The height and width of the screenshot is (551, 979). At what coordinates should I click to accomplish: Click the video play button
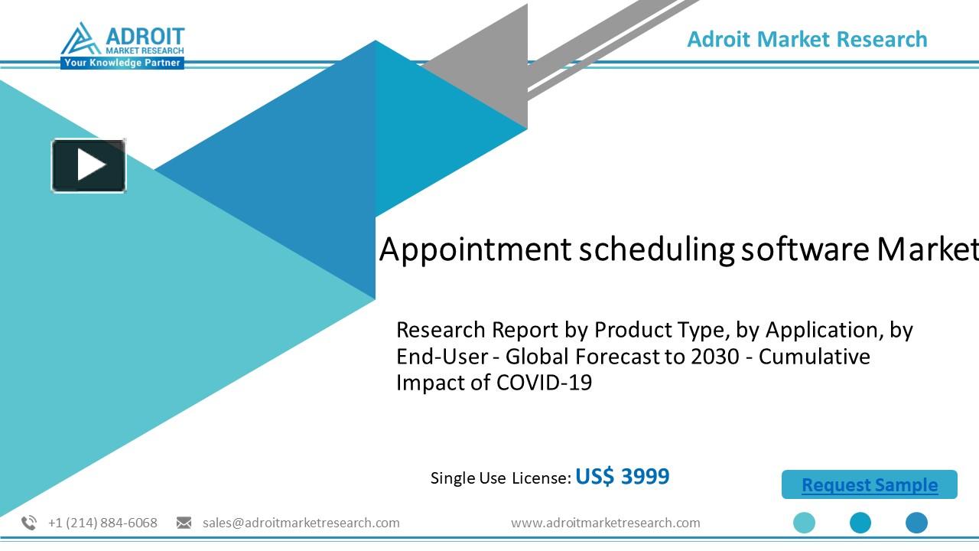click(89, 165)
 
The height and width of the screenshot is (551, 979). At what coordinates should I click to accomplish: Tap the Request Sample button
click(870, 485)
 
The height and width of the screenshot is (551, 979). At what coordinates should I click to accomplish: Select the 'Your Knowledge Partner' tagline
click(122, 63)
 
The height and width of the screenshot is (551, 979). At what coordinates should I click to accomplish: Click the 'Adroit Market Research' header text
click(807, 39)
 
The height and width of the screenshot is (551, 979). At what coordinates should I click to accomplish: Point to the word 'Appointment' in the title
click(475, 249)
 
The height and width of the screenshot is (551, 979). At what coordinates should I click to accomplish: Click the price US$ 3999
click(622, 477)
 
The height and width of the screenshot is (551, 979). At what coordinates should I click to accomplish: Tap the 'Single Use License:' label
click(500, 478)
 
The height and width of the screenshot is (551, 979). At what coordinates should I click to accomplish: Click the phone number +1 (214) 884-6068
click(102, 523)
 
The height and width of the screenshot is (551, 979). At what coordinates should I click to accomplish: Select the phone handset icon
click(29, 523)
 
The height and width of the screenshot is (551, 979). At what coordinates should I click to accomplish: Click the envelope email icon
click(184, 523)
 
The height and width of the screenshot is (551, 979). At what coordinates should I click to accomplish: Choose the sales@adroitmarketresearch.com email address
click(301, 523)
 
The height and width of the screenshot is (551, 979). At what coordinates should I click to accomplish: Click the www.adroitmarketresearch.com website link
click(605, 523)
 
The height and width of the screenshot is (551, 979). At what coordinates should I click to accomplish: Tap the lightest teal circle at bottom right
click(804, 523)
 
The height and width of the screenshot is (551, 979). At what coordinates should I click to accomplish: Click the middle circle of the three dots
click(860, 523)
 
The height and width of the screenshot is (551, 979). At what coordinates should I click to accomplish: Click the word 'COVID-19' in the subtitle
click(544, 383)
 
